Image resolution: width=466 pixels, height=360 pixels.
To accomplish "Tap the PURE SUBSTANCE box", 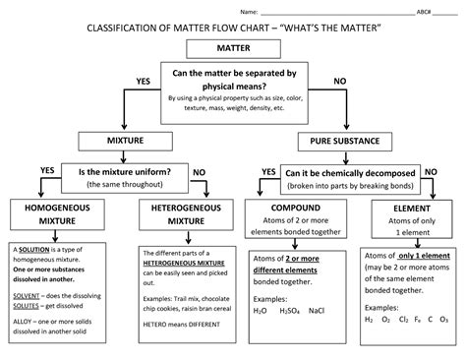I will pyautogui.click(x=346, y=140).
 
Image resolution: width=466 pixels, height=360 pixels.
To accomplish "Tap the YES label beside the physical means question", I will pyautogui.click(x=143, y=81).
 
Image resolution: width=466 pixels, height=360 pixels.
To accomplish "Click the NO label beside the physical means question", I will pyautogui.click(x=340, y=81).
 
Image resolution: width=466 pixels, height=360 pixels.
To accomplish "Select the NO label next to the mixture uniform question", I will pyautogui.click(x=199, y=172).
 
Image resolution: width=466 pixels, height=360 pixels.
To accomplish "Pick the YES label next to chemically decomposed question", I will pyautogui.click(x=268, y=172).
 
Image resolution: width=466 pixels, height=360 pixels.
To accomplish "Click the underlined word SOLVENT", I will pyautogui.click(x=27, y=294).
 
